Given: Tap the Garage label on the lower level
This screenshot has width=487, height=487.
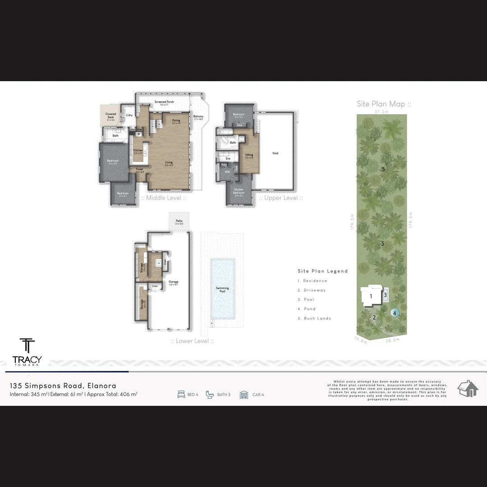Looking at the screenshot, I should click(x=174, y=282).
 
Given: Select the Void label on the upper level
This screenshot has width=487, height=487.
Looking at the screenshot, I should click(x=275, y=153).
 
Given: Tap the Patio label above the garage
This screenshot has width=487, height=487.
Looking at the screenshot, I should click(x=179, y=222).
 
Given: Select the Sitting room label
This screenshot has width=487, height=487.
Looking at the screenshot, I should click(x=249, y=156).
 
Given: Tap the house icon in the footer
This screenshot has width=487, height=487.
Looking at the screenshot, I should click(x=468, y=389).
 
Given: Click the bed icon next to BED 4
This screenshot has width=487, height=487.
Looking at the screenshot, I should click(x=181, y=395).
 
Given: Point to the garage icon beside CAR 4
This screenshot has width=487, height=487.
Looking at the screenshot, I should click(x=244, y=395).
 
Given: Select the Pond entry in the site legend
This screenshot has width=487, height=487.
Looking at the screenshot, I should click(x=307, y=309).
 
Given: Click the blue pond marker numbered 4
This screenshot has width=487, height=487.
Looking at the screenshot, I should click(x=395, y=312).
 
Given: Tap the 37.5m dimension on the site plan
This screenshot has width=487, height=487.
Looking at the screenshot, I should click(x=381, y=111).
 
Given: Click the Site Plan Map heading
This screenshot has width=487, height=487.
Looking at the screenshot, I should click(x=384, y=104).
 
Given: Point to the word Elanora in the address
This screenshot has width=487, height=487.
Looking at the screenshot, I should click(x=102, y=386).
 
